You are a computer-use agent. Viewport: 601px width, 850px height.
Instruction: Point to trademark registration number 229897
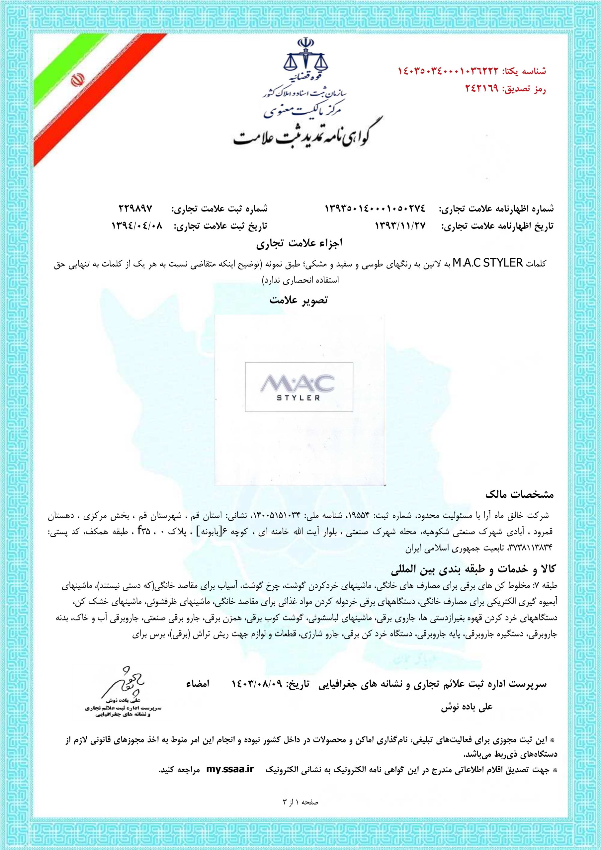135,209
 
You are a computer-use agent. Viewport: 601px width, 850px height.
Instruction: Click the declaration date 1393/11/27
401,225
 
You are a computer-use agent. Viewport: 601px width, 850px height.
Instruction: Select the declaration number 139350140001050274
376,209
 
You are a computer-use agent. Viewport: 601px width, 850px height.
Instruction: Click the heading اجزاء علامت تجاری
300,244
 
